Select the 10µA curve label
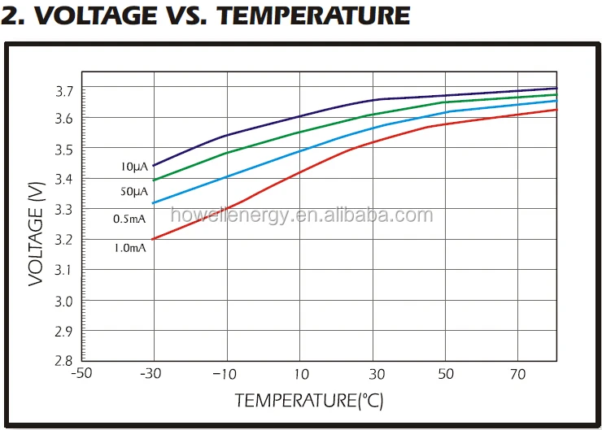(133, 167)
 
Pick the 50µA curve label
(133, 192)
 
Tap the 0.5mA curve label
(130, 219)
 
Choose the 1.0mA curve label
(130, 247)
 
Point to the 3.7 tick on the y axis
(64, 89)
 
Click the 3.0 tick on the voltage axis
(64, 301)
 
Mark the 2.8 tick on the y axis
(64, 361)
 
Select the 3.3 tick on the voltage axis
(64, 210)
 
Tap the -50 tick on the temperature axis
(81, 375)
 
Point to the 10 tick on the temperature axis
(300, 375)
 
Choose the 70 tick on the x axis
(519, 375)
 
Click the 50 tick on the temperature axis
(447, 375)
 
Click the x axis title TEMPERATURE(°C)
(308, 401)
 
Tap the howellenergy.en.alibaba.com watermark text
(302, 216)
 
